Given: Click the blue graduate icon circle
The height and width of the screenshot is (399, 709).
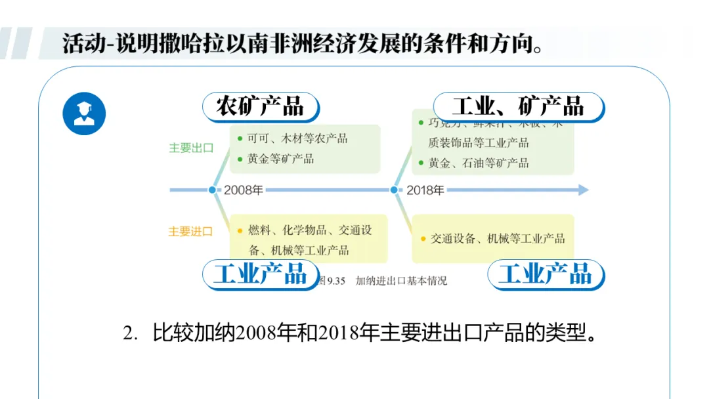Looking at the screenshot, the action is pos(84,114).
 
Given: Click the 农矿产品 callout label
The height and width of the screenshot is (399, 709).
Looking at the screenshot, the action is pos(260,106).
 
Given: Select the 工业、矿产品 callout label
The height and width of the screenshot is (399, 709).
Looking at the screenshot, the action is pos(518,106).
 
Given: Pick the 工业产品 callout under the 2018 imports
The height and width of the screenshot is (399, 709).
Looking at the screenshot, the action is pos(546,274).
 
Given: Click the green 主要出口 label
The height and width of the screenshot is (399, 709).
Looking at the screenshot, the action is pos(191,148).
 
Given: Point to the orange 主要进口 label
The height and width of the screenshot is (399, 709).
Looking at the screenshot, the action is pos(190,232).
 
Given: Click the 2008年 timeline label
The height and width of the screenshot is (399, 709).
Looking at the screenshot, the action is pos(244,190).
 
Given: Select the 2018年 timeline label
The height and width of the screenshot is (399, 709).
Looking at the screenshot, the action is pos(425,190).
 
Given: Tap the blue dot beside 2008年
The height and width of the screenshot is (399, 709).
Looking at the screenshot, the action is pos(212,190).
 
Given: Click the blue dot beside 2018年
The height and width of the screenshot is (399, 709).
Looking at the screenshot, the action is pos(394,190).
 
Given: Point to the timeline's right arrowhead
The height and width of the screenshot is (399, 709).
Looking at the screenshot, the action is pos(582,190).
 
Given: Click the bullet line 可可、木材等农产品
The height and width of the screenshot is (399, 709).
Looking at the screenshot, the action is pos(297,138).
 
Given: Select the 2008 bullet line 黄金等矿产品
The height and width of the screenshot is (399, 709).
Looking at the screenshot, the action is pos(280,159).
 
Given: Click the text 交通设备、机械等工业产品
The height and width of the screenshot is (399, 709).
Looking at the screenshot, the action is pos(497,239).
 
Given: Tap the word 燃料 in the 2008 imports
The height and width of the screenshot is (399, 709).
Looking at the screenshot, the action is pos(259,230).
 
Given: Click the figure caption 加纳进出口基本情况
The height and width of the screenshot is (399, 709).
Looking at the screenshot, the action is pos(401,281).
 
